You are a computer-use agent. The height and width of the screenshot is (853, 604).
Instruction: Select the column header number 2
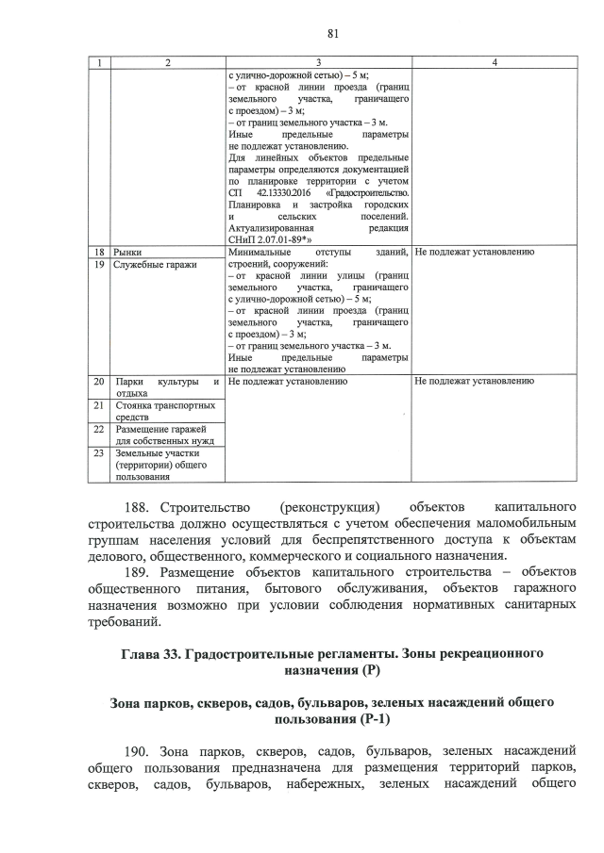(x=167, y=62)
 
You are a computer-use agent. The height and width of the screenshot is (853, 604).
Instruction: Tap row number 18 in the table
(x=99, y=253)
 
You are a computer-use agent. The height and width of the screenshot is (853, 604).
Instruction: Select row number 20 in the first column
(x=99, y=382)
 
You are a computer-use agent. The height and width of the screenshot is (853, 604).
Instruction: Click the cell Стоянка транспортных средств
(x=164, y=411)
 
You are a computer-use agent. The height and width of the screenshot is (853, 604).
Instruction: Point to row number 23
(x=99, y=453)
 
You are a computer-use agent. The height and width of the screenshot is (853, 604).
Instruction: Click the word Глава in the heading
(x=145, y=654)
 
